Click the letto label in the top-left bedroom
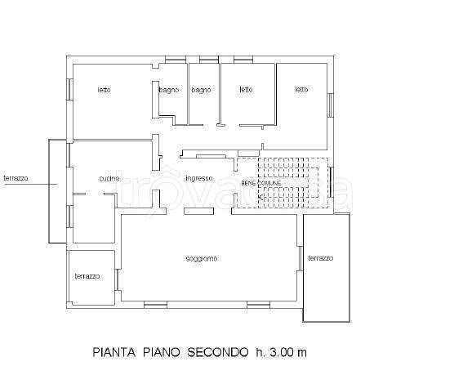tap(104, 90)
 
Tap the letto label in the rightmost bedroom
tap(301, 90)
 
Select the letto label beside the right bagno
tap(246, 90)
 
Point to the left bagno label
tap(169, 90)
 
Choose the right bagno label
tap(201, 90)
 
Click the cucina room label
tap(109, 178)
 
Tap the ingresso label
tap(198, 178)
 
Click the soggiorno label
tap(201, 259)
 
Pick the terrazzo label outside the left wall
tap(16, 177)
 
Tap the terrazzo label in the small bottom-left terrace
tap(87, 277)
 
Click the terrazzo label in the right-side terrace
tap(320, 259)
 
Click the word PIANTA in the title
tap(113, 353)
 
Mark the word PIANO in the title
tap(162, 353)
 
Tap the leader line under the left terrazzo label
tap(29, 185)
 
